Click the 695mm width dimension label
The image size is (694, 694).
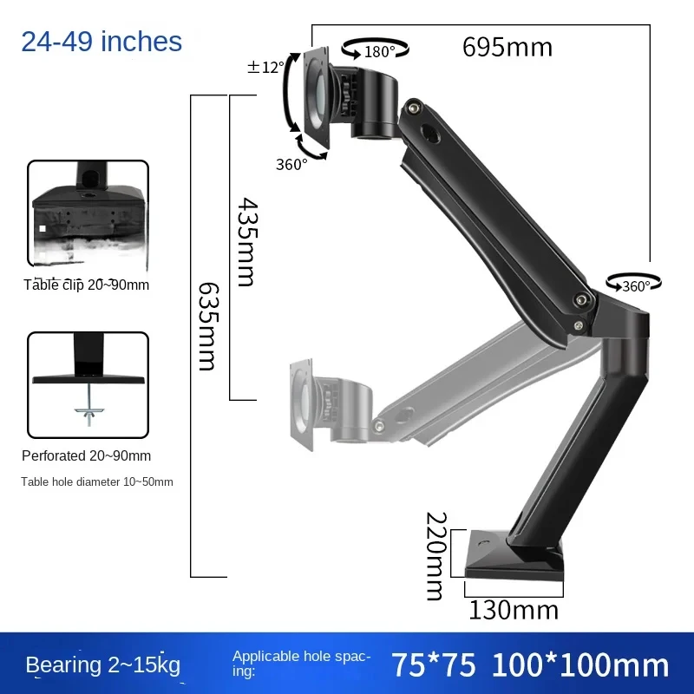tap(507, 47)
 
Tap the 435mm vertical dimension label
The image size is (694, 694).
tap(247, 242)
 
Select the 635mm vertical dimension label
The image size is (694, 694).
tap(207, 326)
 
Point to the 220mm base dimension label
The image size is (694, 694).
tap(436, 556)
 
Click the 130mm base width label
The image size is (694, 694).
tap(514, 611)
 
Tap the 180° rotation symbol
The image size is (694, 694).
tap(376, 49)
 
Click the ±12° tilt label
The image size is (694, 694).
tap(265, 68)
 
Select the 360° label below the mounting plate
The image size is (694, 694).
tap(291, 164)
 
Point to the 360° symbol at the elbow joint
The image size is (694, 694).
tap(634, 285)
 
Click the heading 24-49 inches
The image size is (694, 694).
tap(101, 42)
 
